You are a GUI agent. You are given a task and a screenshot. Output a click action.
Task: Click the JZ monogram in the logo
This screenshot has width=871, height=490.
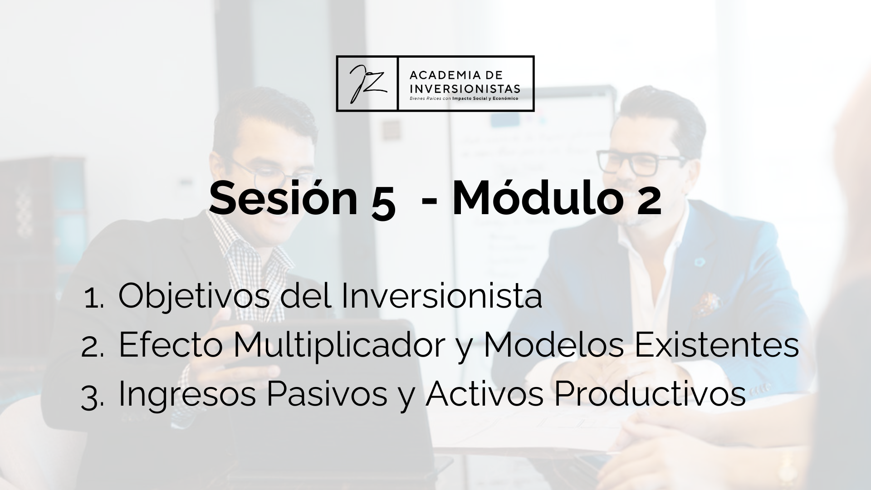click(x=367, y=83)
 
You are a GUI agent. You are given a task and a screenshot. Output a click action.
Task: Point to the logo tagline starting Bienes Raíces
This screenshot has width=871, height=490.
click(x=464, y=98)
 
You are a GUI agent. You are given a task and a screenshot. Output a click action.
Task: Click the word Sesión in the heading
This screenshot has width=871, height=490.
click(x=284, y=198)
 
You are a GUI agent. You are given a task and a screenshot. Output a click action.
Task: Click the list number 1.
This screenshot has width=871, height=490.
click(x=94, y=299)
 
